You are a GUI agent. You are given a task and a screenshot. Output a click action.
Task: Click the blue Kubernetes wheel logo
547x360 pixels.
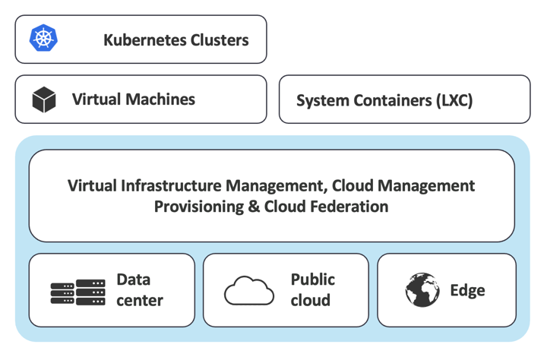[x=43, y=38]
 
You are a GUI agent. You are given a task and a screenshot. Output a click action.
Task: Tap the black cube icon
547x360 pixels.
[x=44, y=99]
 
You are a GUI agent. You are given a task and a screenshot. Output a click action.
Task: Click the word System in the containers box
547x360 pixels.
[x=320, y=100]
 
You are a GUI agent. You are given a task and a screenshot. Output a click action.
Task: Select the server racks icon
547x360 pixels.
[x=77, y=292]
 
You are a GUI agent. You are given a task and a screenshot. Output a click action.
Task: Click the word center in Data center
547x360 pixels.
[x=139, y=301]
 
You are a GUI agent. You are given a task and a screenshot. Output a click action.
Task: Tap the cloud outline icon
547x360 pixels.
[x=248, y=291]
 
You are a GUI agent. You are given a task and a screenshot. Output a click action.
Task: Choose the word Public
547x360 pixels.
[x=312, y=279]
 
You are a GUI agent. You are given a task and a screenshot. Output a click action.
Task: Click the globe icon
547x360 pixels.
[x=422, y=290]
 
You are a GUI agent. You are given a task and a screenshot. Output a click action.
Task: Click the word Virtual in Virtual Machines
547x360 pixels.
[x=96, y=99]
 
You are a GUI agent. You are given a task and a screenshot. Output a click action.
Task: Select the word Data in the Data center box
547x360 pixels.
[x=133, y=279]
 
